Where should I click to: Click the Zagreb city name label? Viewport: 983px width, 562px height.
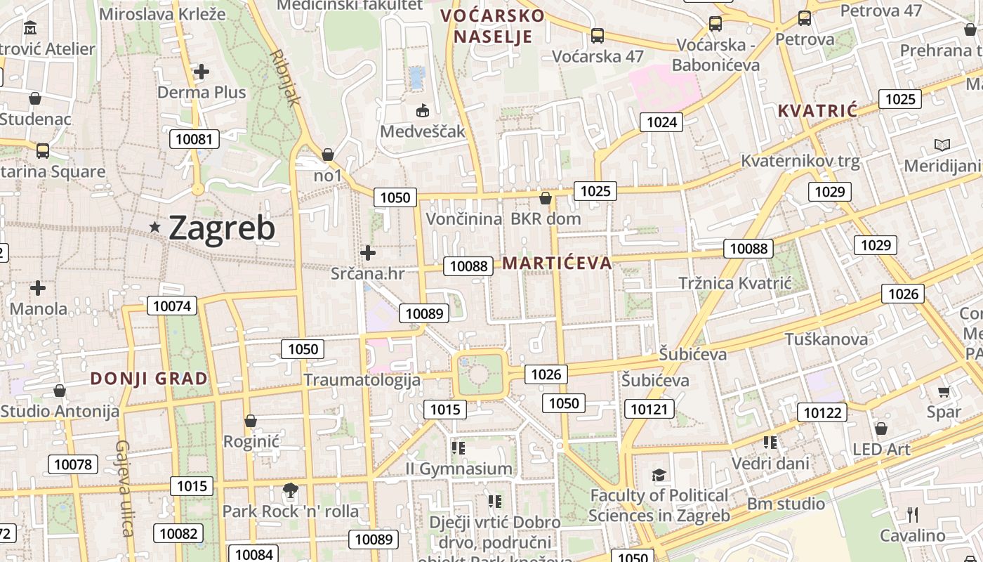tap(222, 228)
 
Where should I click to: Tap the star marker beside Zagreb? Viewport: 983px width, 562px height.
tap(155, 227)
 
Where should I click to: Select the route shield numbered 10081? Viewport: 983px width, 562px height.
tap(194, 139)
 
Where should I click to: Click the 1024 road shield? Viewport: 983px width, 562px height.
tap(661, 122)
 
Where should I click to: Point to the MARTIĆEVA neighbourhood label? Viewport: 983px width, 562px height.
tap(558, 263)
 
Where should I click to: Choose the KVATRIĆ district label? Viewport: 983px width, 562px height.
tap(818, 110)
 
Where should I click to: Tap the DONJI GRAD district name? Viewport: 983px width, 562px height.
tap(149, 379)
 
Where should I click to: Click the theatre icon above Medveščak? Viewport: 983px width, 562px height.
tap(423, 111)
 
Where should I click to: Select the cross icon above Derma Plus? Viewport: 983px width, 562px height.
tap(202, 72)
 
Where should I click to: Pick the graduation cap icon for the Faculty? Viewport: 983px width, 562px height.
tap(659, 476)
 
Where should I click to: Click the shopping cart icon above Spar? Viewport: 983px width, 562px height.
tap(944, 391)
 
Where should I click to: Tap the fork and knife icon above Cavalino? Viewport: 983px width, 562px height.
tap(912, 515)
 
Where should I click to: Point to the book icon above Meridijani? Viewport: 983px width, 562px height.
tap(942, 145)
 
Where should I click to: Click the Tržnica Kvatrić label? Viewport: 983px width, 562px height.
tap(734, 283)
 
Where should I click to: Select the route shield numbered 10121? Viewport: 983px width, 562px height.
tap(649, 409)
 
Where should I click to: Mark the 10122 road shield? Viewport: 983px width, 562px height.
tap(822, 412)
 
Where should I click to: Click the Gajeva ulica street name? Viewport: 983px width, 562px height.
tap(125, 488)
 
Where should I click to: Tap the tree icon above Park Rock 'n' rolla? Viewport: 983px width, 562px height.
tap(290, 490)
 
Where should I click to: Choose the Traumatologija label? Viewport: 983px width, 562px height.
tap(362, 380)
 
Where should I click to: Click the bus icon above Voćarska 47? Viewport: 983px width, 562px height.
tap(598, 35)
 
